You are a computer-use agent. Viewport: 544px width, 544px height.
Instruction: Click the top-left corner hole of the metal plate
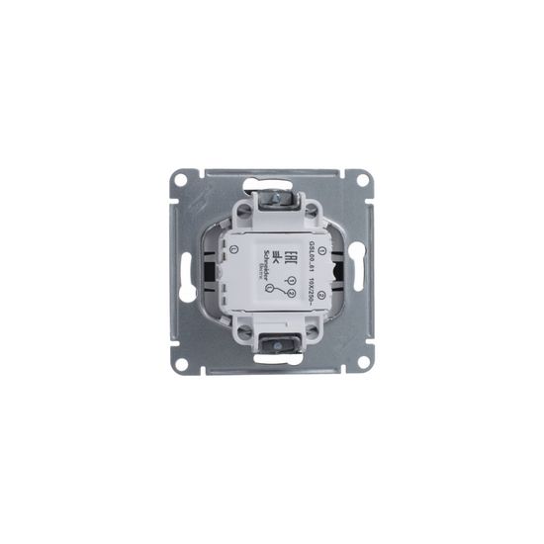tap(181, 179)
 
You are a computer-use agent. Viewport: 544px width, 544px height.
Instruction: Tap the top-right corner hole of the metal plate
tap(362, 179)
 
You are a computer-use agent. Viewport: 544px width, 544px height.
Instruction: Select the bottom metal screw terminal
tap(273, 342)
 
